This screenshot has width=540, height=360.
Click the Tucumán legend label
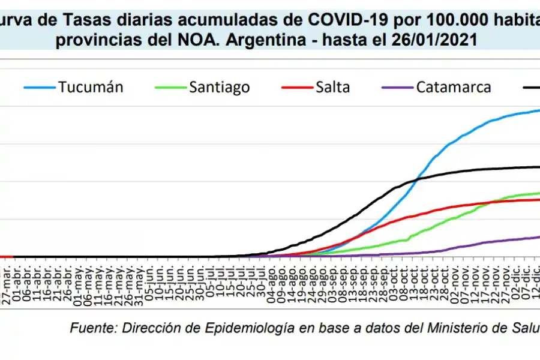click(91, 87)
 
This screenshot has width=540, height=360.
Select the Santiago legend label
click(220, 87)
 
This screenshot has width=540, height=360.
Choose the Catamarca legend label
click(453, 87)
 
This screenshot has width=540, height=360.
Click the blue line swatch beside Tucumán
click(39, 88)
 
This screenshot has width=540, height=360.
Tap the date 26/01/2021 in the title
click(428, 41)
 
